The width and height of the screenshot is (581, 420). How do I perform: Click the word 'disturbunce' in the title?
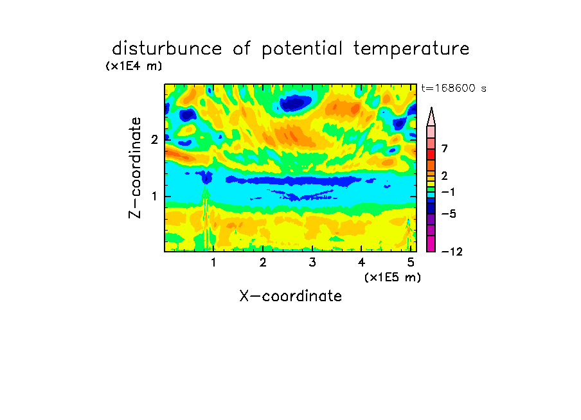pos(167,48)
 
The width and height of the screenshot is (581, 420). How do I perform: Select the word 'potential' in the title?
pos(302,49)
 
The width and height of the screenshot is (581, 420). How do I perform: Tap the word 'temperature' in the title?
pos(411,49)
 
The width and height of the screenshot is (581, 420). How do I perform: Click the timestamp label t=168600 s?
pos(454,88)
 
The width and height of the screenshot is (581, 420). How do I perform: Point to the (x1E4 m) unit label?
pos(134,66)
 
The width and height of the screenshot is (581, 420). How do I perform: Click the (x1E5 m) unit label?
pos(393,277)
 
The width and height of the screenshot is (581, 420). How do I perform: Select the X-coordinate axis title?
pos(290,296)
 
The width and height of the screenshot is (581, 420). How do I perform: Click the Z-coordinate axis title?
pos(134,168)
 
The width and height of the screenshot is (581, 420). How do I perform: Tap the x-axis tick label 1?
pos(214,263)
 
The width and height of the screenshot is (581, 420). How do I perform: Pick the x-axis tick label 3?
pos(312,263)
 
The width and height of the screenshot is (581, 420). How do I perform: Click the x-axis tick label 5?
pos(411,263)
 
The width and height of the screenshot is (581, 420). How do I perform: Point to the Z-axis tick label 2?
pos(154,139)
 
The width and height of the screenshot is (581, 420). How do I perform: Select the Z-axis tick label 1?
pos(154,197)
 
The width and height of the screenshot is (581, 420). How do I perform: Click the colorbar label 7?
pos(445,149)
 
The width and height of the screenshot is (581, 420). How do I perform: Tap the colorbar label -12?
pos(452,252)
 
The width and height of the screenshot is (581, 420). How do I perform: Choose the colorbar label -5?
pos(449,214)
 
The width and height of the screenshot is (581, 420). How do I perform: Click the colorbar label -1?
pos(448,192)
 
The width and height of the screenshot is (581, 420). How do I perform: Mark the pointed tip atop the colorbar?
pos(431,108)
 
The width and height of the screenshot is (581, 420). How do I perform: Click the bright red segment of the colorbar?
pos(431,154)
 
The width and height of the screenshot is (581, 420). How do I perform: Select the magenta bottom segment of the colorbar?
pos(431,243)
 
